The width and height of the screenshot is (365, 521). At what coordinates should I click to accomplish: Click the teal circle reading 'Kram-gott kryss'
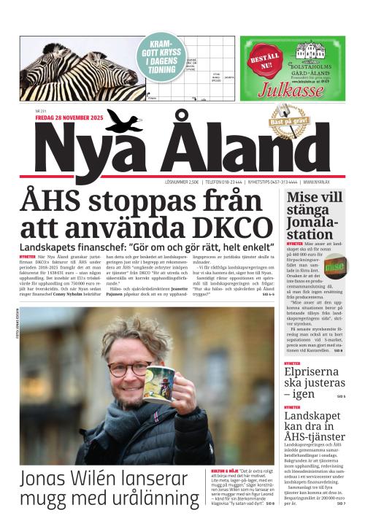point(163,55)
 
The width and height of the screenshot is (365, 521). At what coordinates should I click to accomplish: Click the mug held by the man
point(158,383)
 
